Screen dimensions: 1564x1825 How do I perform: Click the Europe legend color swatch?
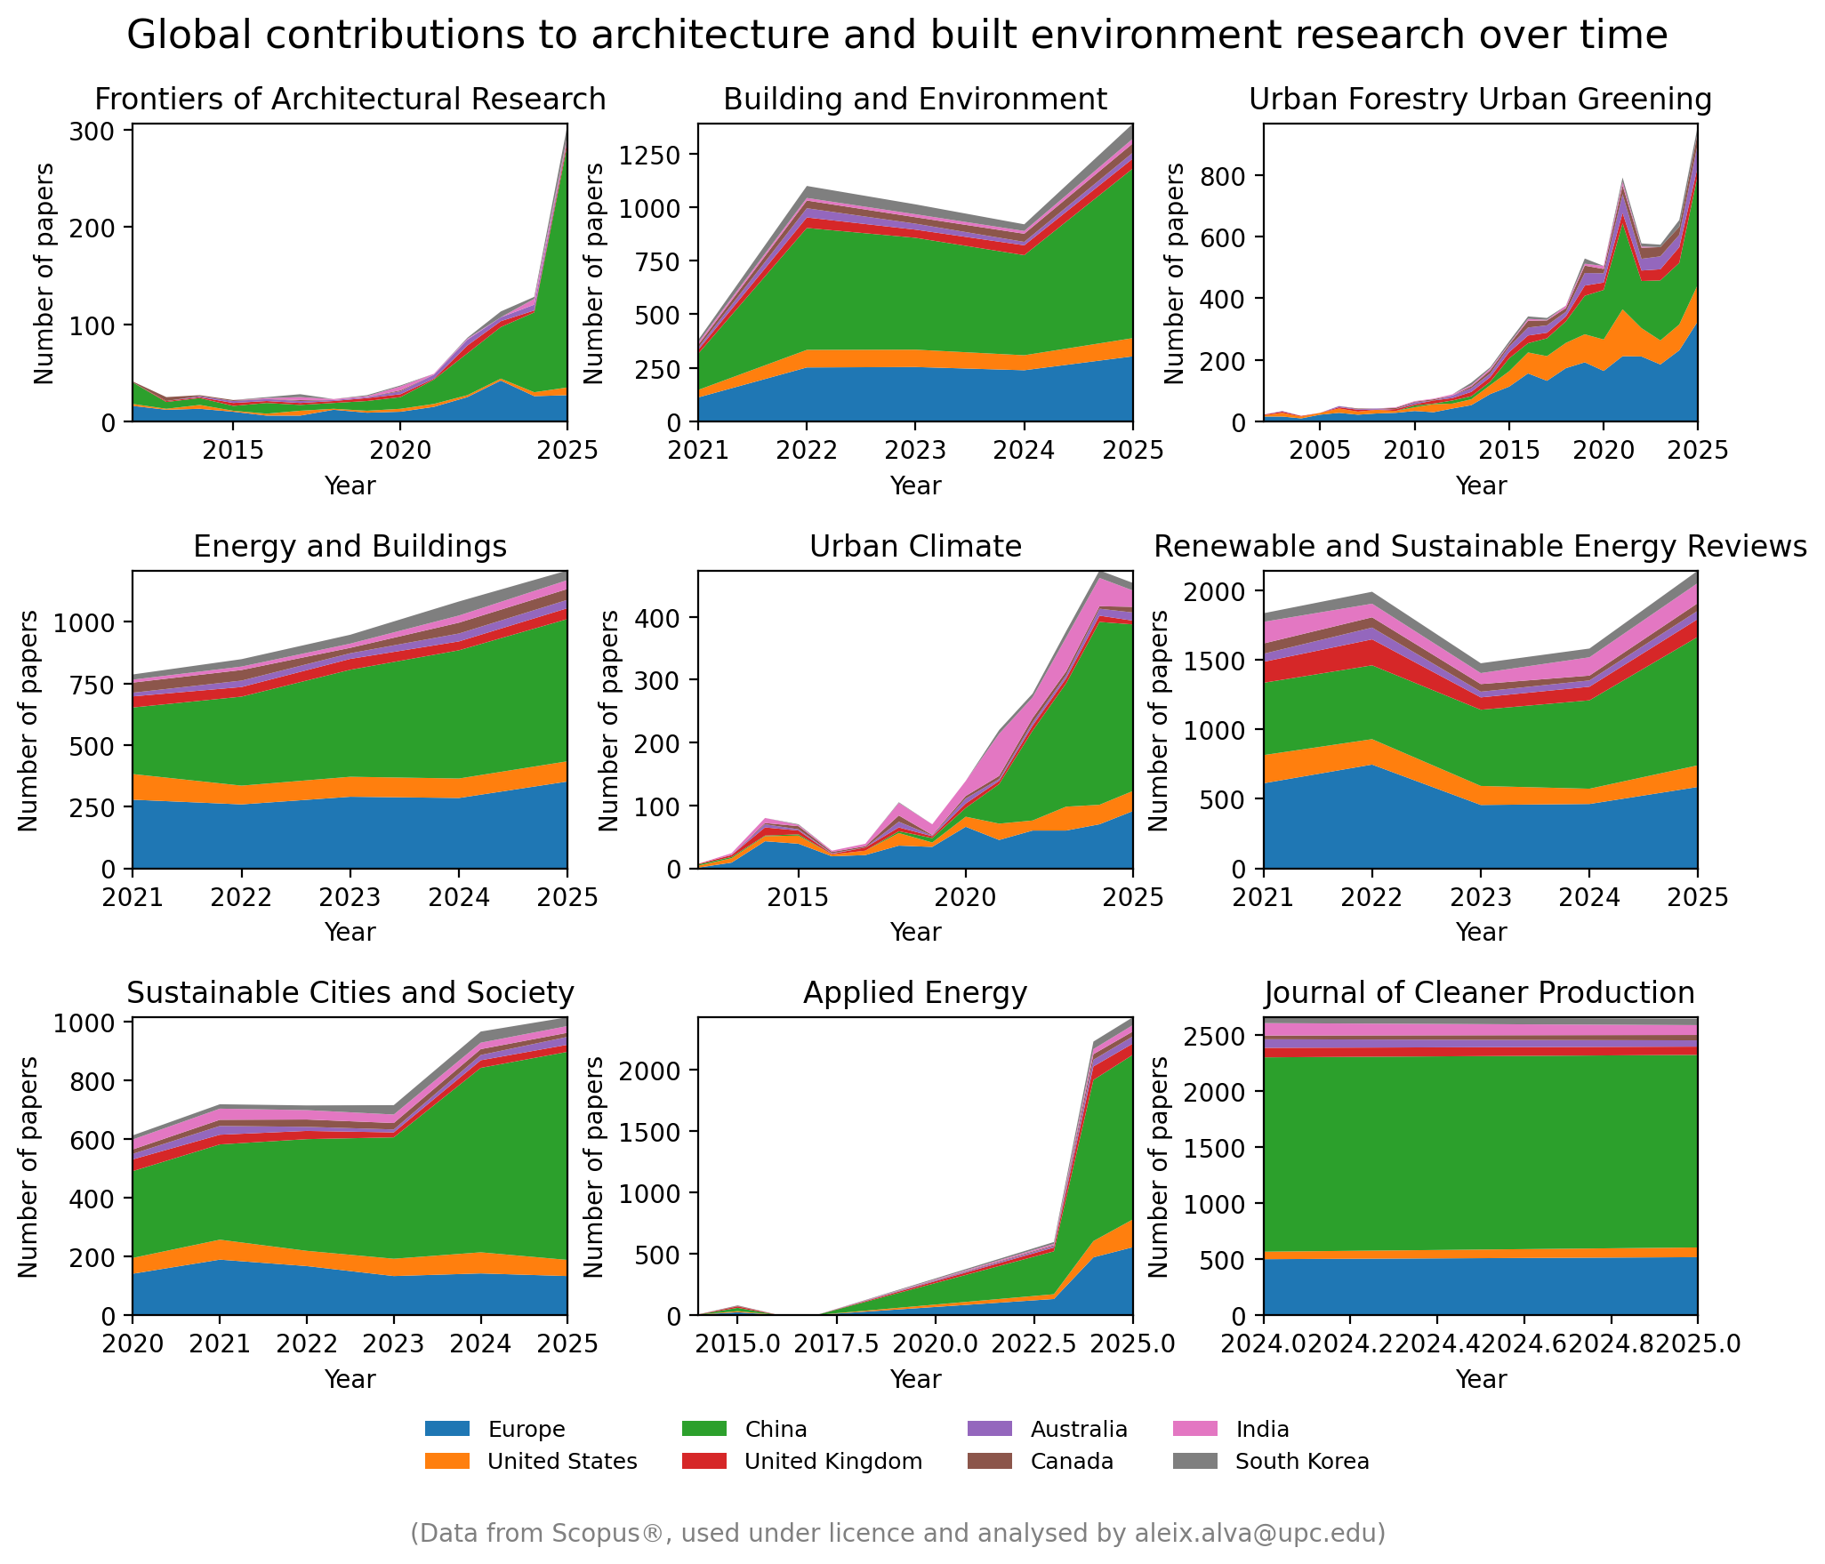pyautogui.click(x=446, y=1430)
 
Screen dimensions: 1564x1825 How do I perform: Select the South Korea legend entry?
pyautogui.click(x=1301, y=1462)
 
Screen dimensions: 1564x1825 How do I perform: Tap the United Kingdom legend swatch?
pyautogui.click(x=704, y=1462)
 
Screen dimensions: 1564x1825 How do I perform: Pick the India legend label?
pyautogui.click(x=1261, y=1430)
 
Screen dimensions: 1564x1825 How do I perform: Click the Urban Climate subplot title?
pyautogui.click(x=915, y=546)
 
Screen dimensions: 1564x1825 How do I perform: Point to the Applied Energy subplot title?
pyautogui.click(x=915, y=993)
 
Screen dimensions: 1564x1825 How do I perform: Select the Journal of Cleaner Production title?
pyautogui.click(x=1480, y=993)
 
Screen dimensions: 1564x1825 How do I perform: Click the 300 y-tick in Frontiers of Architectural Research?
pyautogui.click(x=92, y=132)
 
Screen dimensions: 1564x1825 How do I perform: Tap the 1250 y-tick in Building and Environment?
pyautogui.click(x=648, y=156)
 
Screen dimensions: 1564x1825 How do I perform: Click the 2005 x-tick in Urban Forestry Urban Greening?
pyautogui.click(x=1320, y=451)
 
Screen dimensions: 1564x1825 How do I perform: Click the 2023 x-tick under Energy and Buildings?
pyautogui.click(x=350, y=897)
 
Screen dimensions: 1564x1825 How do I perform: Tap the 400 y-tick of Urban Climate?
pyautogui.click(x=657, y=618)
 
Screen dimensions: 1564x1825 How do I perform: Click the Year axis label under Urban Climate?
pyautogui.click(x=915, y=932)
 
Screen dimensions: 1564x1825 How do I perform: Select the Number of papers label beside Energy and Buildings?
pyautogui.click(x=28, y=720)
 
